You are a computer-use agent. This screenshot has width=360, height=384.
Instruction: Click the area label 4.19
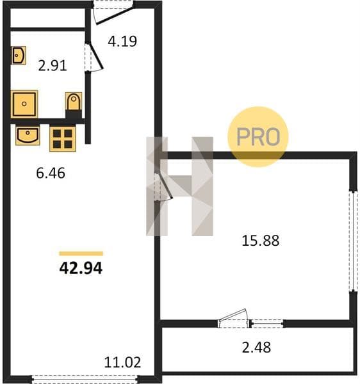click(122, 41)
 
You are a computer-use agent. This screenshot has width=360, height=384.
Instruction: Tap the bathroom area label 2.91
click(53, 66)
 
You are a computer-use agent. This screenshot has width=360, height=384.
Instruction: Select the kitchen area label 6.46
click(51, 173)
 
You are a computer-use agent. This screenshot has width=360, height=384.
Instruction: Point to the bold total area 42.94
click(81, 268)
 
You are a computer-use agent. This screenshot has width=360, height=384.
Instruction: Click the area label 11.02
click(122, 362)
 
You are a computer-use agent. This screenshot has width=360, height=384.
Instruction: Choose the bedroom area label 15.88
click(260, 241)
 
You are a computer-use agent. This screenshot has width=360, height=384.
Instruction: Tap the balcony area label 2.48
click(256, 348)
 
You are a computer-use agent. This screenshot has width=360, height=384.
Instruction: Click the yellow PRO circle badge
click(258, 137)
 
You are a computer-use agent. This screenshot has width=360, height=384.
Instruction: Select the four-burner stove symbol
click(63, 139)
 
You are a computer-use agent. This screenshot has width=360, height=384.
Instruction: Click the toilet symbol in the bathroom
click(74, 101)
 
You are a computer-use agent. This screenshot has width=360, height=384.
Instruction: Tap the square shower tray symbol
click(24, 104)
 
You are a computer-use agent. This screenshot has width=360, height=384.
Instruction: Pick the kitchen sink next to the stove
click(28, 136)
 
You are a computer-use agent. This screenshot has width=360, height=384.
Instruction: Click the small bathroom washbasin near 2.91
click(19, 55)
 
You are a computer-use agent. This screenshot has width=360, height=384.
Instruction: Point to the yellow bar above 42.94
click(81, 253)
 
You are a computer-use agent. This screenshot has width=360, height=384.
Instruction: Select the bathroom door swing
click(95, 57)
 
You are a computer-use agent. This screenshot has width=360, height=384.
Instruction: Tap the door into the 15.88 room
click(164, 187)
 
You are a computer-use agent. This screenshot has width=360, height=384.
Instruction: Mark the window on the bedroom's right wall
click(353, 241)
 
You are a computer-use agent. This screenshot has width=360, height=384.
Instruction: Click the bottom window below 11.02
click(85, 379)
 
